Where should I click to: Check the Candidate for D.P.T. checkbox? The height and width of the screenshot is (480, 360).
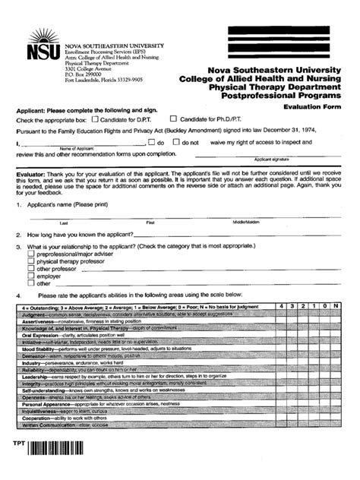(95, 119)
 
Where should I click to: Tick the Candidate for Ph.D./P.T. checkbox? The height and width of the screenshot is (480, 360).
(173, 119)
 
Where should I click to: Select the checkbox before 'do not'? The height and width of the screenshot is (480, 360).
(174, 142)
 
